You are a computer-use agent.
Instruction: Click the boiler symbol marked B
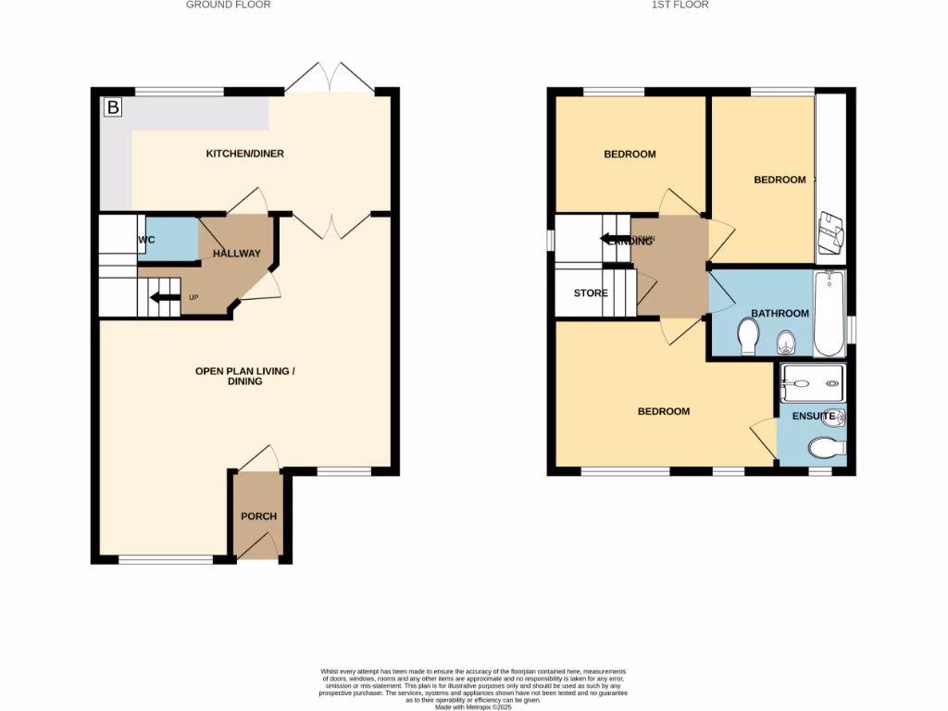[112, 107]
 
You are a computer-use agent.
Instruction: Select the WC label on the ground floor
[145, 240]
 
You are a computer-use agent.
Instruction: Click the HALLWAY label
[237, 253]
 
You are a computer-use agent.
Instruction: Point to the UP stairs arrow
[167, 297]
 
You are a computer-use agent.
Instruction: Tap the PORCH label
[258, 516]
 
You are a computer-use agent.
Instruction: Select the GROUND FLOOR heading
[229, 5]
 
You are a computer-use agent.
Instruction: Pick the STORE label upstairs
[591, 293]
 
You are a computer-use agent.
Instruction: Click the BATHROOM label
[780, 313]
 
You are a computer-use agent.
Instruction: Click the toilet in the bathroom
[749, 339]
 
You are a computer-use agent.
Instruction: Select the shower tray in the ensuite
[812, 379]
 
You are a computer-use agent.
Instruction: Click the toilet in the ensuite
[827, 449]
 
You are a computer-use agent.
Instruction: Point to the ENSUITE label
[815, 416]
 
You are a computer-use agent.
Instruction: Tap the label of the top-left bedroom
[630, 154]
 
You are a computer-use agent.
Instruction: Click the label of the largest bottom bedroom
[664, 411]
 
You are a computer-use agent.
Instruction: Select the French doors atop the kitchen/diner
[330, 78]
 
